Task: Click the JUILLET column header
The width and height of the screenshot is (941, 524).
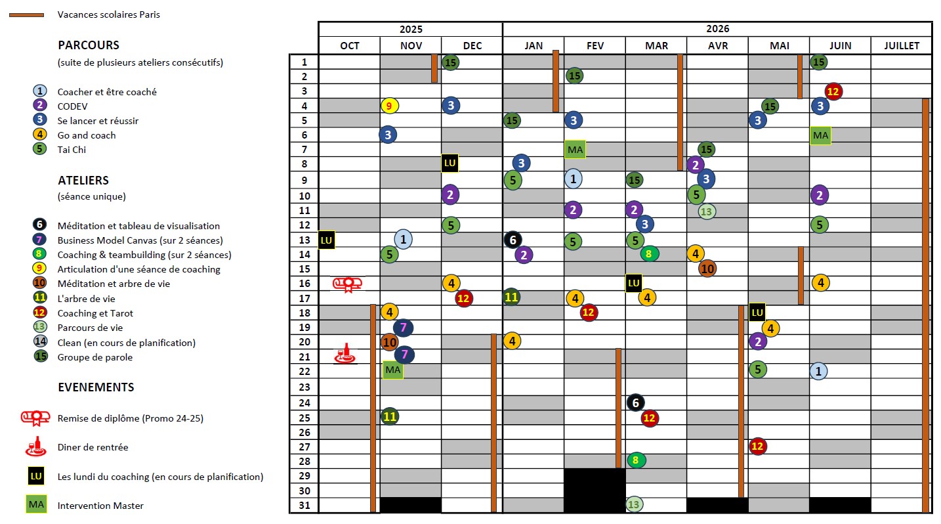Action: pyautogui.click(x=901, y=45)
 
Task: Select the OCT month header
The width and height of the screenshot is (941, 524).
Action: pyautogui.click(x=349, y=45)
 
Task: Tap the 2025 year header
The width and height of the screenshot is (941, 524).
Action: pyautogui.click(x=410, y=29)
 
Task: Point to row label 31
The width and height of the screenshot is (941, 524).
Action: pyautogui.click(x=303, y=505)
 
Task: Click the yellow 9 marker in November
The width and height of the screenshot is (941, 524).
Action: pyautogui.click(x=389, y=105)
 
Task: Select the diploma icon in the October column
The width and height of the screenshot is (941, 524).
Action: pyautogui.click(x=348, y=284)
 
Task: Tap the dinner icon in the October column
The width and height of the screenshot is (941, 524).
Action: pyautogui.click(x=345, y=355)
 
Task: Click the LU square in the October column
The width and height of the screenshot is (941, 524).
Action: pyautogui.click(x=326, y=240)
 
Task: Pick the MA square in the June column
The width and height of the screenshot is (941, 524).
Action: pyautogui.click(x=820, y=135)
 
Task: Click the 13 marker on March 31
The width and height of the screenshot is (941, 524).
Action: pyautogui.click(x=634, y=504)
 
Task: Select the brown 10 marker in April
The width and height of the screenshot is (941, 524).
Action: pyautogui.click(x=707, y=268)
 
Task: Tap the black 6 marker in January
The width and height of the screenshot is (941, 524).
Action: pyautogui.click(x=513, y=240)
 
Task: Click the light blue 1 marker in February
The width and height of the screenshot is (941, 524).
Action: pyautogui.click(x=573, y=179)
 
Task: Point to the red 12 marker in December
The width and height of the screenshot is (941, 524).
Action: pyautogui.click(x=463, y=298)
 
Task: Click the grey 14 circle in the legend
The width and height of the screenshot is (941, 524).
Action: pyautogui.click(x=40, y=341)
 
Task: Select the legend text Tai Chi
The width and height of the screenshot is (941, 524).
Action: pyautogui.click(x=72, y=150)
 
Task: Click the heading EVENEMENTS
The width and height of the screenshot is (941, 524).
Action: pyautogui.click(x=96, y=387)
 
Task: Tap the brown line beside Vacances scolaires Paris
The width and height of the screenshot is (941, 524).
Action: pyautogui.click(x=26, y=14)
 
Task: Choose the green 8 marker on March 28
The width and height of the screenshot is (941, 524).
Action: pyautogui.click(x=635, y=460)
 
